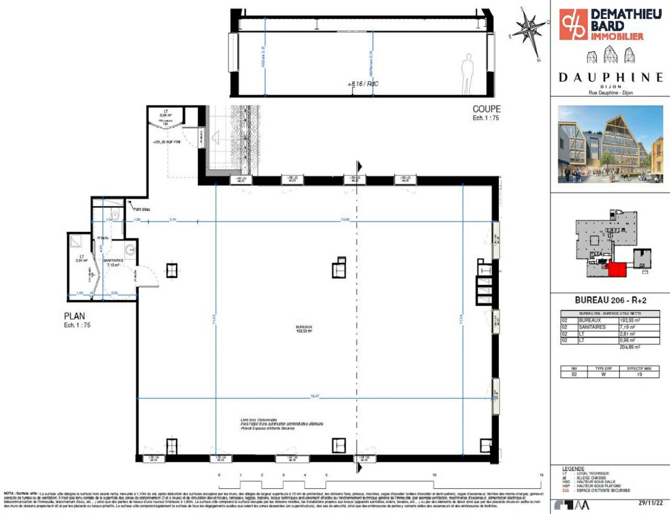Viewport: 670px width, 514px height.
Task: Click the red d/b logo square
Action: pyautogui.click(x=573, y=24)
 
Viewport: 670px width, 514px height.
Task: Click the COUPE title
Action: pyautogui.click(x=486, y=109)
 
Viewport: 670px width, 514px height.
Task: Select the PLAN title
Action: pyautogui.click(x=74, y=316)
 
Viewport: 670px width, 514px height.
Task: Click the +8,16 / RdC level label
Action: pyautogui.click(x=363, y=84)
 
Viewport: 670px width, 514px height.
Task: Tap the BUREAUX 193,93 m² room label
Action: pyautogui.click(x=304, y=329)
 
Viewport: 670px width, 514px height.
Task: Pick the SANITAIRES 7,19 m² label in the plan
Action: pyautogui.click(x=113, y=262)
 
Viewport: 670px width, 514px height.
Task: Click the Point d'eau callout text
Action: pyautogui.click(x=141, y=209)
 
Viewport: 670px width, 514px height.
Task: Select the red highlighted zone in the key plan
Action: pyautogui.click(x=617, y=269)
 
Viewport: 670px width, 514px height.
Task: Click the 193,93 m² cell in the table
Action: pyautogui.click(x=629, y=320)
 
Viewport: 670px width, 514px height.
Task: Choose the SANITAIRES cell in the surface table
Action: pyautogui.click(x=592, y=327)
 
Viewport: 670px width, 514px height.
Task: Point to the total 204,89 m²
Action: pyautogui.click(x=629, y=347)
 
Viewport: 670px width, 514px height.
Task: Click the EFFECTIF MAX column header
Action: pyautogui.click(x=639, y=368)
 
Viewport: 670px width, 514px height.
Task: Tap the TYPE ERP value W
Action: pyautogui.click(x=603, y=375)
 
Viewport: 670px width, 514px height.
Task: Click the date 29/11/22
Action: pyautogui.click(x=651, y=503)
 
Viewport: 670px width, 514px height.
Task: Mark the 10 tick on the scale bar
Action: pyautogui.click(x=434, y=475)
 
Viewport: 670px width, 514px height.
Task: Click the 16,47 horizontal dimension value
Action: pyautogui.click(x=314, y=396)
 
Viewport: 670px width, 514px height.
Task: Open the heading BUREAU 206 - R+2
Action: pyautogui.click(x=610, y=300)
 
